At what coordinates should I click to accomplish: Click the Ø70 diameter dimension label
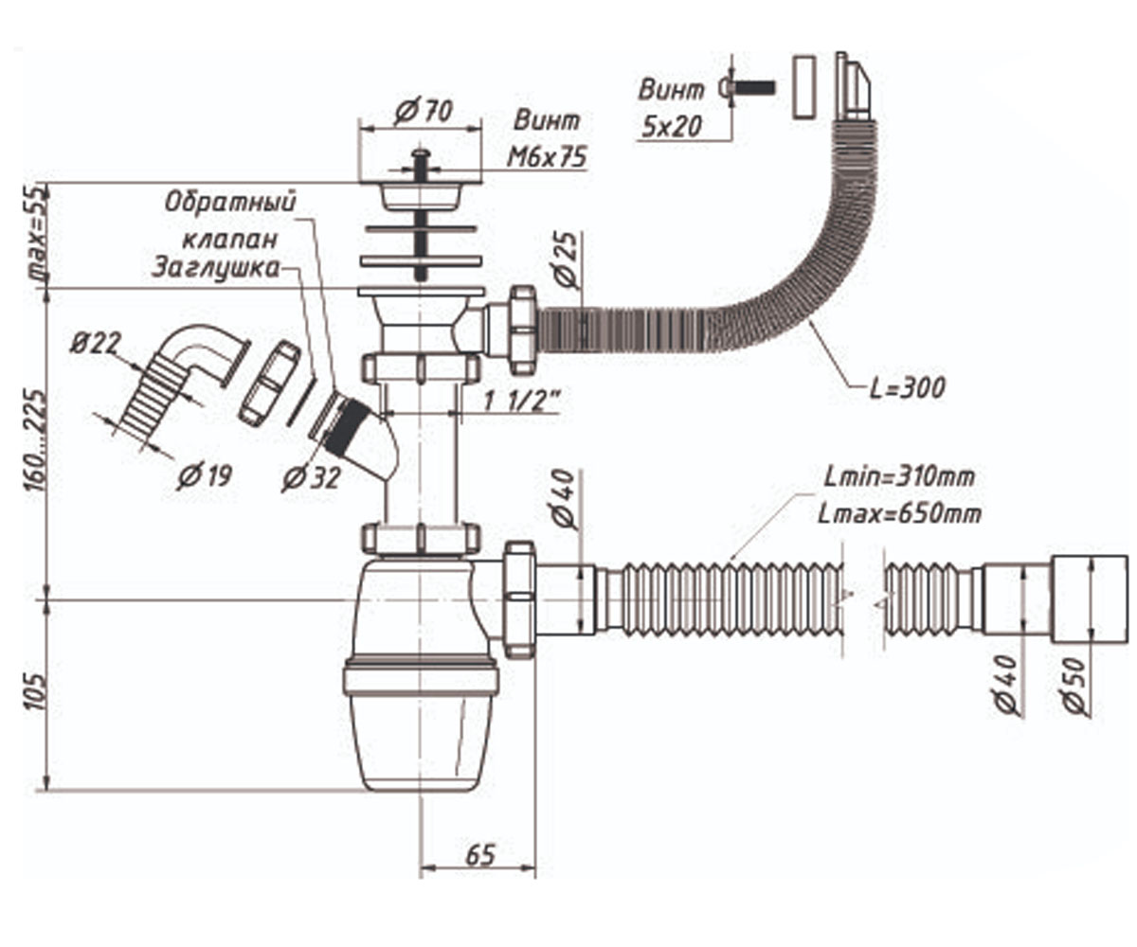click(424, 112)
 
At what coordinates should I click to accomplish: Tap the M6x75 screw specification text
click(547, 157)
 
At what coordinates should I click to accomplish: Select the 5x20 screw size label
click(672, 127)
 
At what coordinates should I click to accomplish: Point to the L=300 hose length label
click(907, 388)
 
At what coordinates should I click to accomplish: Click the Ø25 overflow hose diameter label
click(567, 259)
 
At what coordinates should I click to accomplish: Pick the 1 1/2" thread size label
click(521, 402)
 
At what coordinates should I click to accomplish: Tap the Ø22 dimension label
click(96, 343)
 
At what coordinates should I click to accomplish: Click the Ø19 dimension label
click(205, 474)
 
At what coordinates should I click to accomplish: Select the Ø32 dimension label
click(312, 478)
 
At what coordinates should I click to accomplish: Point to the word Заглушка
click(216, 268)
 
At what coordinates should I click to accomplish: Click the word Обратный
click(230, 202)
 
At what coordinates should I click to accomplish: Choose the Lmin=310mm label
click(899, 477)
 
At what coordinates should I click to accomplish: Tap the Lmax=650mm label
click(899, 513)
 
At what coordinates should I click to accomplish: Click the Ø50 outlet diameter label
click(1074, 686)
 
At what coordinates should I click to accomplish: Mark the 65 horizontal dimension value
click(480, 854)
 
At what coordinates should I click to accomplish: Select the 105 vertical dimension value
click(34, 692)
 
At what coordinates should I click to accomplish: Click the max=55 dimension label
click(37, 234)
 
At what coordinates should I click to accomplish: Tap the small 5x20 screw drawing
click(747, 87)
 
